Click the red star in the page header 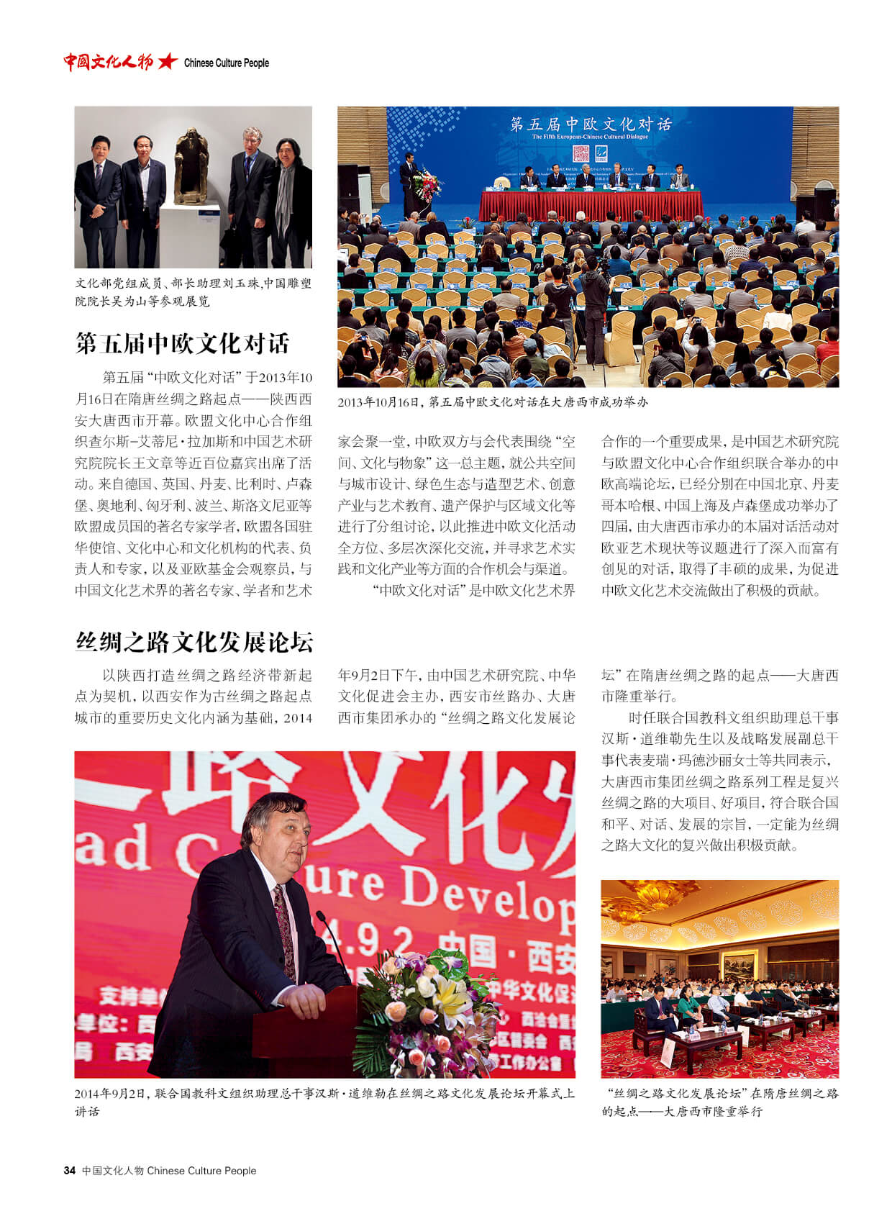[x=167, y=62]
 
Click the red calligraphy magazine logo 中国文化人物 [x=108, y=62]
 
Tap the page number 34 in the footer [x=69, y=1171]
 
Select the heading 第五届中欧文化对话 [x=183, y=343]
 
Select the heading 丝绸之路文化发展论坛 [x=194, y=642]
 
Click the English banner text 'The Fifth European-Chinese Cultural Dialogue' [x=589, y=137]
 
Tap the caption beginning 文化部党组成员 [x=193, y=292]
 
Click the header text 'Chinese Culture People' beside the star [x=226, y=63]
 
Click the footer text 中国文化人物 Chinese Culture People [x=169, y=1171]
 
